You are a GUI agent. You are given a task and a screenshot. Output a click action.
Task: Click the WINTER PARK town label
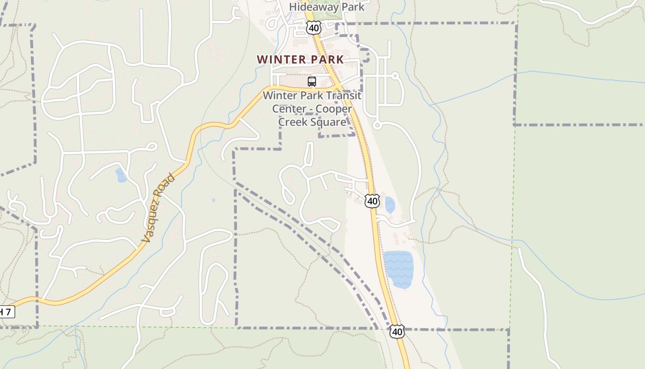[x=300, y=60]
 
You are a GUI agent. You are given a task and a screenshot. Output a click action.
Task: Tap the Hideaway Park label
[x=327, y=7]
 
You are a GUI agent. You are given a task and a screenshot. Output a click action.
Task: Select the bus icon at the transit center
[x=312, y=82]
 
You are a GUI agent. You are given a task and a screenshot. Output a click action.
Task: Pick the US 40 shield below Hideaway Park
[x=313, y=28]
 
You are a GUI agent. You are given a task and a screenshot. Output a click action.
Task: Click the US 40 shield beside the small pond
[x=372, y=201]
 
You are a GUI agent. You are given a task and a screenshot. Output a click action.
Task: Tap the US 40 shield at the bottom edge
[x=397, y=332]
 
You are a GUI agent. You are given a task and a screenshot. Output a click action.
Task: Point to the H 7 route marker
[x=6, y=312]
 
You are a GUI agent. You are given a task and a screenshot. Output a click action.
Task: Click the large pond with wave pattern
[x=399, y=269]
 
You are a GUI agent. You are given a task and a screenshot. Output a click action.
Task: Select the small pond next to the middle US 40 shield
[x=390, y=204]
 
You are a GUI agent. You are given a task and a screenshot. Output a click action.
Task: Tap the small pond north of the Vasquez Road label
[x=121, y=175]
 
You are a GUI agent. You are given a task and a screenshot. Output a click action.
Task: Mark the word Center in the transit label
[x=289, y=109]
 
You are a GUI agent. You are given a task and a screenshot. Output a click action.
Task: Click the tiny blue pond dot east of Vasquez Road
[x=213, y=200]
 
